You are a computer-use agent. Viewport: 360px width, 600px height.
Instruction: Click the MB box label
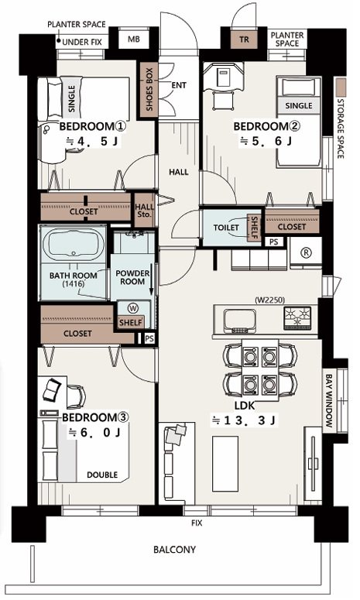click(x=133, y=39)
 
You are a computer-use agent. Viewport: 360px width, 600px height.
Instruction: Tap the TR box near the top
click(x=244, y=39)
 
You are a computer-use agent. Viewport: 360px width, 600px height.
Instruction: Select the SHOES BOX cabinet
click(x=149, y=90)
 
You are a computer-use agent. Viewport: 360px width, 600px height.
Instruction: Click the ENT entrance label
click(x=179, y=85)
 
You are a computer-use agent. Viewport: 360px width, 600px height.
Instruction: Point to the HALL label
click(x=179, y=172)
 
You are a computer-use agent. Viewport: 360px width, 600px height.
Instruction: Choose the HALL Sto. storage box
click(x=144, y=210)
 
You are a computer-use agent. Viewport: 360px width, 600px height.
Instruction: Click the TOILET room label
click(x=226, y=228)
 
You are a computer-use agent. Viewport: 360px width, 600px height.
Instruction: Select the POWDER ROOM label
click(x=132, y=277)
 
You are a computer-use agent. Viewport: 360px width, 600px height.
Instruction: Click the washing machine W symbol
click(x=133, y=308)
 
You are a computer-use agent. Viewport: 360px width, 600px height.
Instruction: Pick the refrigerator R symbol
click(x=306, y=252)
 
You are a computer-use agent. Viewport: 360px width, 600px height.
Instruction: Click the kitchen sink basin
click(x=240, y=320)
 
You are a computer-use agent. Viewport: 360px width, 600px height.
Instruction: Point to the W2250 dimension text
click(x=269, y=300)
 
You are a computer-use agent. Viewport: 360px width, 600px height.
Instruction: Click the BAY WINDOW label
click(x=329, y=400)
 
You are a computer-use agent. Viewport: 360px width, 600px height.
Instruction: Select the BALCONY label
click(x=174, y=550)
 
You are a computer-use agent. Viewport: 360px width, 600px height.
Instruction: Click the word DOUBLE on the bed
click(x=102, y=475)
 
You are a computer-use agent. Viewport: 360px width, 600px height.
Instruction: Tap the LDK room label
click(x=245, y=405)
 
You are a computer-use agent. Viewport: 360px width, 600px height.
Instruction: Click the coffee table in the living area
click(x=225, y=464)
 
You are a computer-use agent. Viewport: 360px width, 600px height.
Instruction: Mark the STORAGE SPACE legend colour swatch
click(x=341, y=87)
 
